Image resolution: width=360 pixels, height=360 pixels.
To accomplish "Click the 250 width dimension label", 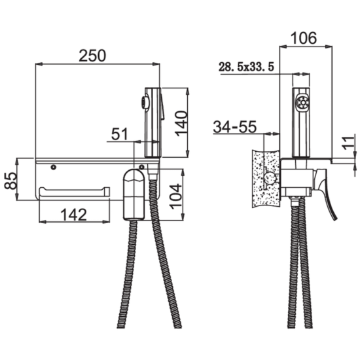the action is [x=92, y=56].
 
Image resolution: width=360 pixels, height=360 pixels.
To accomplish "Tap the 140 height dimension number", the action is [x=181, y=123].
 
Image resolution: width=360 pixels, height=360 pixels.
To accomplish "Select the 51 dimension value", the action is [x=119, y=134].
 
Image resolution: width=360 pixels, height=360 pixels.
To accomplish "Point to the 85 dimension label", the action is [x=10, y=181].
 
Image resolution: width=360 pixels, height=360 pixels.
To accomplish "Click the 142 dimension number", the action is [x=73, y=215].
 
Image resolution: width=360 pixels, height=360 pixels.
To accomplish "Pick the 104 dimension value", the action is [x=177, y=196].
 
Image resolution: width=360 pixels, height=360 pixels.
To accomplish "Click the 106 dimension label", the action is [x=304, y=38].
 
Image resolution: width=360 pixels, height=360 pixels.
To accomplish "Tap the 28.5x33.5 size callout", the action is [x=246, y=67].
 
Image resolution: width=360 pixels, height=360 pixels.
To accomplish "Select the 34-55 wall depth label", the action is [x=234, y=127].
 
